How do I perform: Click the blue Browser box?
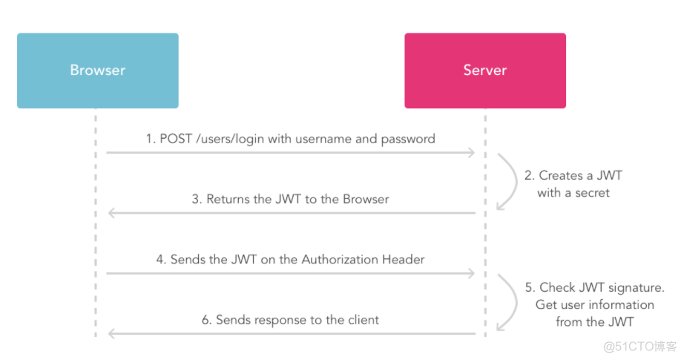pos(97,71)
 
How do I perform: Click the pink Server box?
pos(485,71)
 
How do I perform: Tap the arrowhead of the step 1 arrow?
pos(470,153)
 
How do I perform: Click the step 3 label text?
pos(290,199)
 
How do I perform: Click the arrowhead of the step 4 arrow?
pos(470,274)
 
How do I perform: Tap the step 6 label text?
pos(290,320)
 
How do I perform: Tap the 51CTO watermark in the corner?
pos(639,347)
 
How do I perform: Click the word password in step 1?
pos(407,139)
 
